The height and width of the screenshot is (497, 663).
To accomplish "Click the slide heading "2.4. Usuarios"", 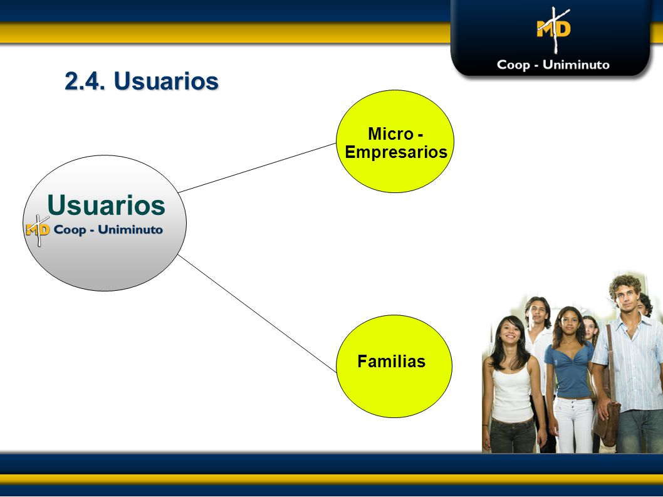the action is click(142, 81).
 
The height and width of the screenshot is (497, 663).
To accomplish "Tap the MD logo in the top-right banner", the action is click(554, 29).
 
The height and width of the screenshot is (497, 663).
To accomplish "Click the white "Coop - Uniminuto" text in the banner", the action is click(553, 65).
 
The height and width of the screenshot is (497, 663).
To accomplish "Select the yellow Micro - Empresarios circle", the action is click(395, 141).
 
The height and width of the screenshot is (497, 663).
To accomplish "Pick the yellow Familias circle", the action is click(394, 366).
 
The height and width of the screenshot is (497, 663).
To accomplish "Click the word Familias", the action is click(392, 362).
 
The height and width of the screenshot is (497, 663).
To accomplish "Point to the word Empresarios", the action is click(396, 152).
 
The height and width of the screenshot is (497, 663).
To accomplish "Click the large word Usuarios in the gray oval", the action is click(106, 205).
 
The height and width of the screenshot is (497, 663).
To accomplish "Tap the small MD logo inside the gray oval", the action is click(38, 230).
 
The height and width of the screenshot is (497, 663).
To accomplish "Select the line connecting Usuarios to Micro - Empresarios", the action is click(257, 168).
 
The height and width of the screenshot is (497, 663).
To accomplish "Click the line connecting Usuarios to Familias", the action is click(257, 313).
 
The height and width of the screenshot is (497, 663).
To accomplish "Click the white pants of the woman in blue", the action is click(573, 425).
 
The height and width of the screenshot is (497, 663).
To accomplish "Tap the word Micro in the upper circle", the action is click(390, 134).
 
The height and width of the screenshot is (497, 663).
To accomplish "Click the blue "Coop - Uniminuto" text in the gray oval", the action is click(108, 229).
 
